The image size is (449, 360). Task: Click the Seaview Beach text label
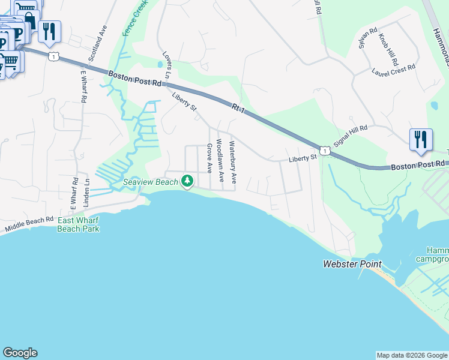[151, 182]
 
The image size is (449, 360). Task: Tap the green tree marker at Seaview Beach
[187, 180]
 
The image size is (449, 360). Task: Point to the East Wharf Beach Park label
[78, 224]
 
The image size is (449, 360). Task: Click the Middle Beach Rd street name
[29, 225]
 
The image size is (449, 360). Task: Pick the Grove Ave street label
[209, 158]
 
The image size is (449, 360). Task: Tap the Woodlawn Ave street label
[220, 161]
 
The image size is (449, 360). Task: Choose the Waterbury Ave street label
[233, 163]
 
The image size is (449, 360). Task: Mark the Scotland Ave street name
[97, 44]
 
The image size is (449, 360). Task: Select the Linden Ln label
[87, 190]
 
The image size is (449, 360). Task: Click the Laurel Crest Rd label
[393, 70]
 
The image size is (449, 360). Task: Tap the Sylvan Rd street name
[367, 38]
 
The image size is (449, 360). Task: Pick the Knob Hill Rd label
[388, 49]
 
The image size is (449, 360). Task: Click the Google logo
[20, 353]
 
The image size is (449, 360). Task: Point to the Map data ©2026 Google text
[411, 355]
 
